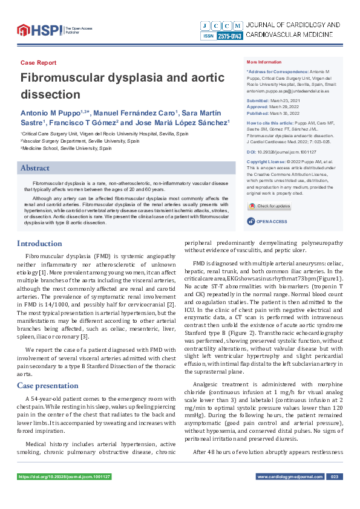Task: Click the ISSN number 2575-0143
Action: [230, 36]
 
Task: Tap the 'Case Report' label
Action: [38, 63]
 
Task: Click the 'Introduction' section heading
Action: [39, 244]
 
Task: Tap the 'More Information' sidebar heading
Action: [264, 63]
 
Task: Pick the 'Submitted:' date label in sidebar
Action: [258, 100]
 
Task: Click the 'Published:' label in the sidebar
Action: [258, 113]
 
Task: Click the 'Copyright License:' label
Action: [266, 162]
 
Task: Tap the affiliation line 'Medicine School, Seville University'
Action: [67, 148]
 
